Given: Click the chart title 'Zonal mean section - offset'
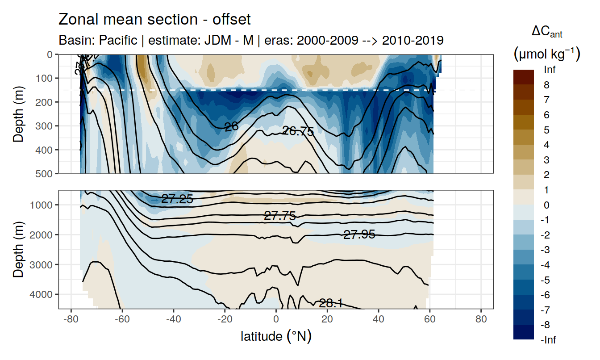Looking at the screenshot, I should point(154,20).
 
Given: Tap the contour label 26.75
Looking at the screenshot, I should point(298,131).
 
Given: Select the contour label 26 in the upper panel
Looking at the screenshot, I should point(231,127).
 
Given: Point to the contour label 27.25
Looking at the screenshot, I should point(177,199).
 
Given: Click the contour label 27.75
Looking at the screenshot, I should point(280,216).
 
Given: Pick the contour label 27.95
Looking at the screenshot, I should point(359,234).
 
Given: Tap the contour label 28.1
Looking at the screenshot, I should point(331,304).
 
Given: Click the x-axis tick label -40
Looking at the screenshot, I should point(173,320).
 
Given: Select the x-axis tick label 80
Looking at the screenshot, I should point(481,320).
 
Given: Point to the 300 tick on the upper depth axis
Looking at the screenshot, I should point(45,126).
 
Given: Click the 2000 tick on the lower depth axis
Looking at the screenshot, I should point(43,234).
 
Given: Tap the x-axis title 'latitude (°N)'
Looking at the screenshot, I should point(276,336).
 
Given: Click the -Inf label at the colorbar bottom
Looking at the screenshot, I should point(548,340).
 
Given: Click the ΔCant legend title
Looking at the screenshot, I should point(546,32).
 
